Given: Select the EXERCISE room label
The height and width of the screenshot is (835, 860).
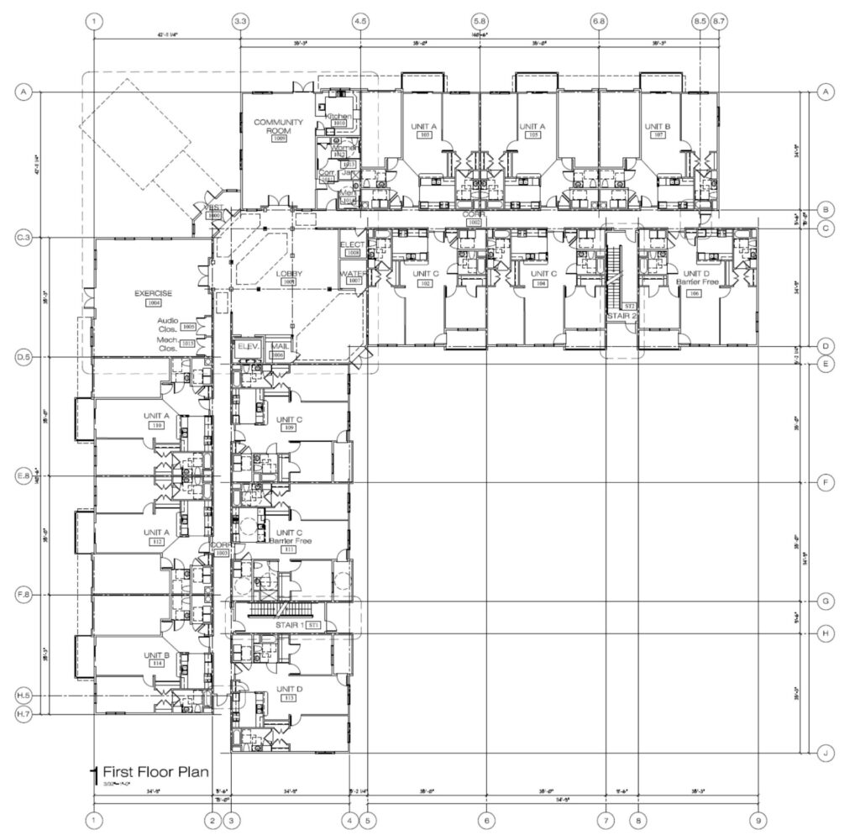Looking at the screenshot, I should click(x=153, y=293).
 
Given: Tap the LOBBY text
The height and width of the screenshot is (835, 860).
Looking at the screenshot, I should click(x=289, y=274).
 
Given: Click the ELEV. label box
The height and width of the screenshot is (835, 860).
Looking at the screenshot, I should click(x=249, y=345).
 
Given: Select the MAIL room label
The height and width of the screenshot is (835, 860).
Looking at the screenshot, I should click(x=278, y=345).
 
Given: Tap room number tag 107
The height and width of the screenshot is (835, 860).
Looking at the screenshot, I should click(x=658, y=134).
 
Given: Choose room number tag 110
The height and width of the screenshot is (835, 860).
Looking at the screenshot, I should click(x=156, y=426).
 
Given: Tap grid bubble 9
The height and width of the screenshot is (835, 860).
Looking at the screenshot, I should click(x=758, y=820).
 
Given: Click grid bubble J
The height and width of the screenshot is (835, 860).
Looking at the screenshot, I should click(x=826, y=754).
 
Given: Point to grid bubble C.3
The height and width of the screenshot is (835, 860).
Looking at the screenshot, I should click(x=24, y=239).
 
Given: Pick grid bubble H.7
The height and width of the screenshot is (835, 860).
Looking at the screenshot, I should click(x=24, y=714).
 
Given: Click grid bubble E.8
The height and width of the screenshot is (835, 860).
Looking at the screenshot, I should click(x=24, y=476).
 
